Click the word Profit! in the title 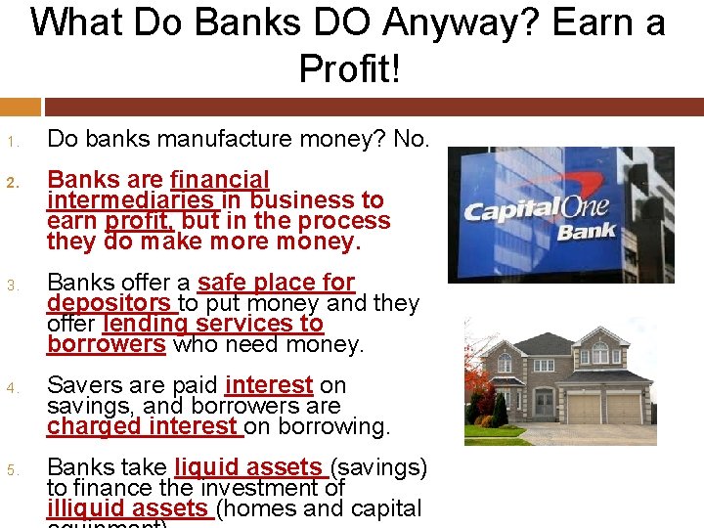(x=350, y=67)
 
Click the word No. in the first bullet (x=411, y=140)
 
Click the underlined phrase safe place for (x=276, y=284)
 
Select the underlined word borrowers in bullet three (x=107, y=344)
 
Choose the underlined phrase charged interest (x=144, y=426)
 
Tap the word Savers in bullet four (x=82, y=385)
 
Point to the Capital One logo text (x=536, y=209)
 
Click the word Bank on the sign (x=587, y=231)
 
